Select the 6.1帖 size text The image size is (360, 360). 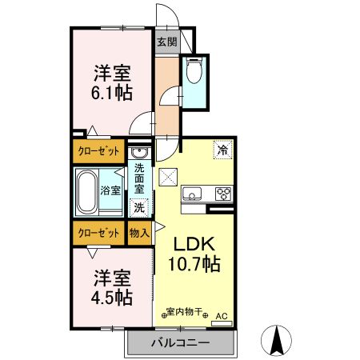tap(110, 90)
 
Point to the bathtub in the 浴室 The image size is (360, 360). tap(87, 190)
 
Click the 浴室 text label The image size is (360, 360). tap(110, 190)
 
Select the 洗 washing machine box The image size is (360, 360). tap(139, 207)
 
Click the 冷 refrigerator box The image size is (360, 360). tap(220, 148)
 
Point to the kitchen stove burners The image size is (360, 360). tap(222, 193)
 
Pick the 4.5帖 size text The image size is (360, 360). tap(110, 296)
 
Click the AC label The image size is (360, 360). tap(222, 315)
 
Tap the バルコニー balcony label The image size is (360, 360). tap(180, 342)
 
